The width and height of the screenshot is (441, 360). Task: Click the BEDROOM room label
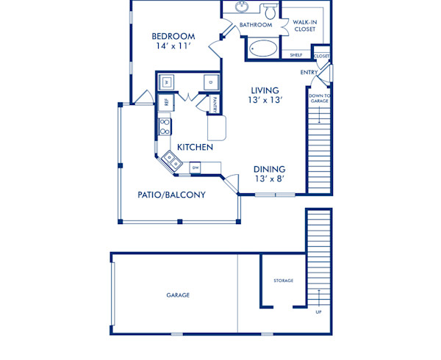pos(173,37)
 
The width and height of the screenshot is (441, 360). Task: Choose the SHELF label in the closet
pos(295,55)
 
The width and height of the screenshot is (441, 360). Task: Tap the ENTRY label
pos(309,72)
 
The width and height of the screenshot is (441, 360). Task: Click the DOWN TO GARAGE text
pos(318,98)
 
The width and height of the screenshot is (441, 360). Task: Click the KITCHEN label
pos(195,147)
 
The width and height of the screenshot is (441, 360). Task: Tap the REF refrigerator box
pos(166,103)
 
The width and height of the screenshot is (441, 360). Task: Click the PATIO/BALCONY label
pos(171,195)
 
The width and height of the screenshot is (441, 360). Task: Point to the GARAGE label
pos(178,295)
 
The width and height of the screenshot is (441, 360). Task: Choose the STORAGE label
pos(284,281)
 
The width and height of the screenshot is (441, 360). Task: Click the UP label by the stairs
pos(318,312)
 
